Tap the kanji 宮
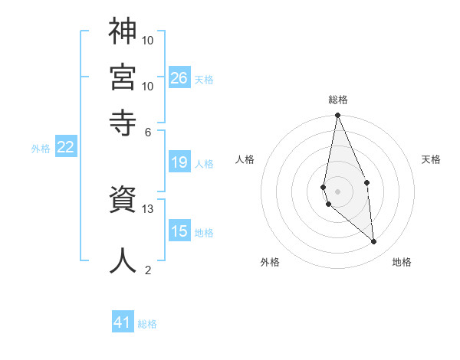[x=123, y=76]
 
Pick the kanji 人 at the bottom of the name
[x=123, y=260]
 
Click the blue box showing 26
[x=179, y=77]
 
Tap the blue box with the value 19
[x=179, y=162]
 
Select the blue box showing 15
[x=179, y=231]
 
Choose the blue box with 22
[x=65, y=147]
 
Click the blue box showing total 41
[x=123, y=322]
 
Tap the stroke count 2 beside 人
[x=148, y=270]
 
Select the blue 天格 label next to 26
[x=204, y=79]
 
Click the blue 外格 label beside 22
[x=40, y=149]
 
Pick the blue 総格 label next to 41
[x=147, y=324]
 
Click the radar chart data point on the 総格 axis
[x=337, y=116]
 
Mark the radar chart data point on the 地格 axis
[x=374, y=242]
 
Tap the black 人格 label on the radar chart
[x=245, y=159]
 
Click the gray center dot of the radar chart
[x=337, y=191]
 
